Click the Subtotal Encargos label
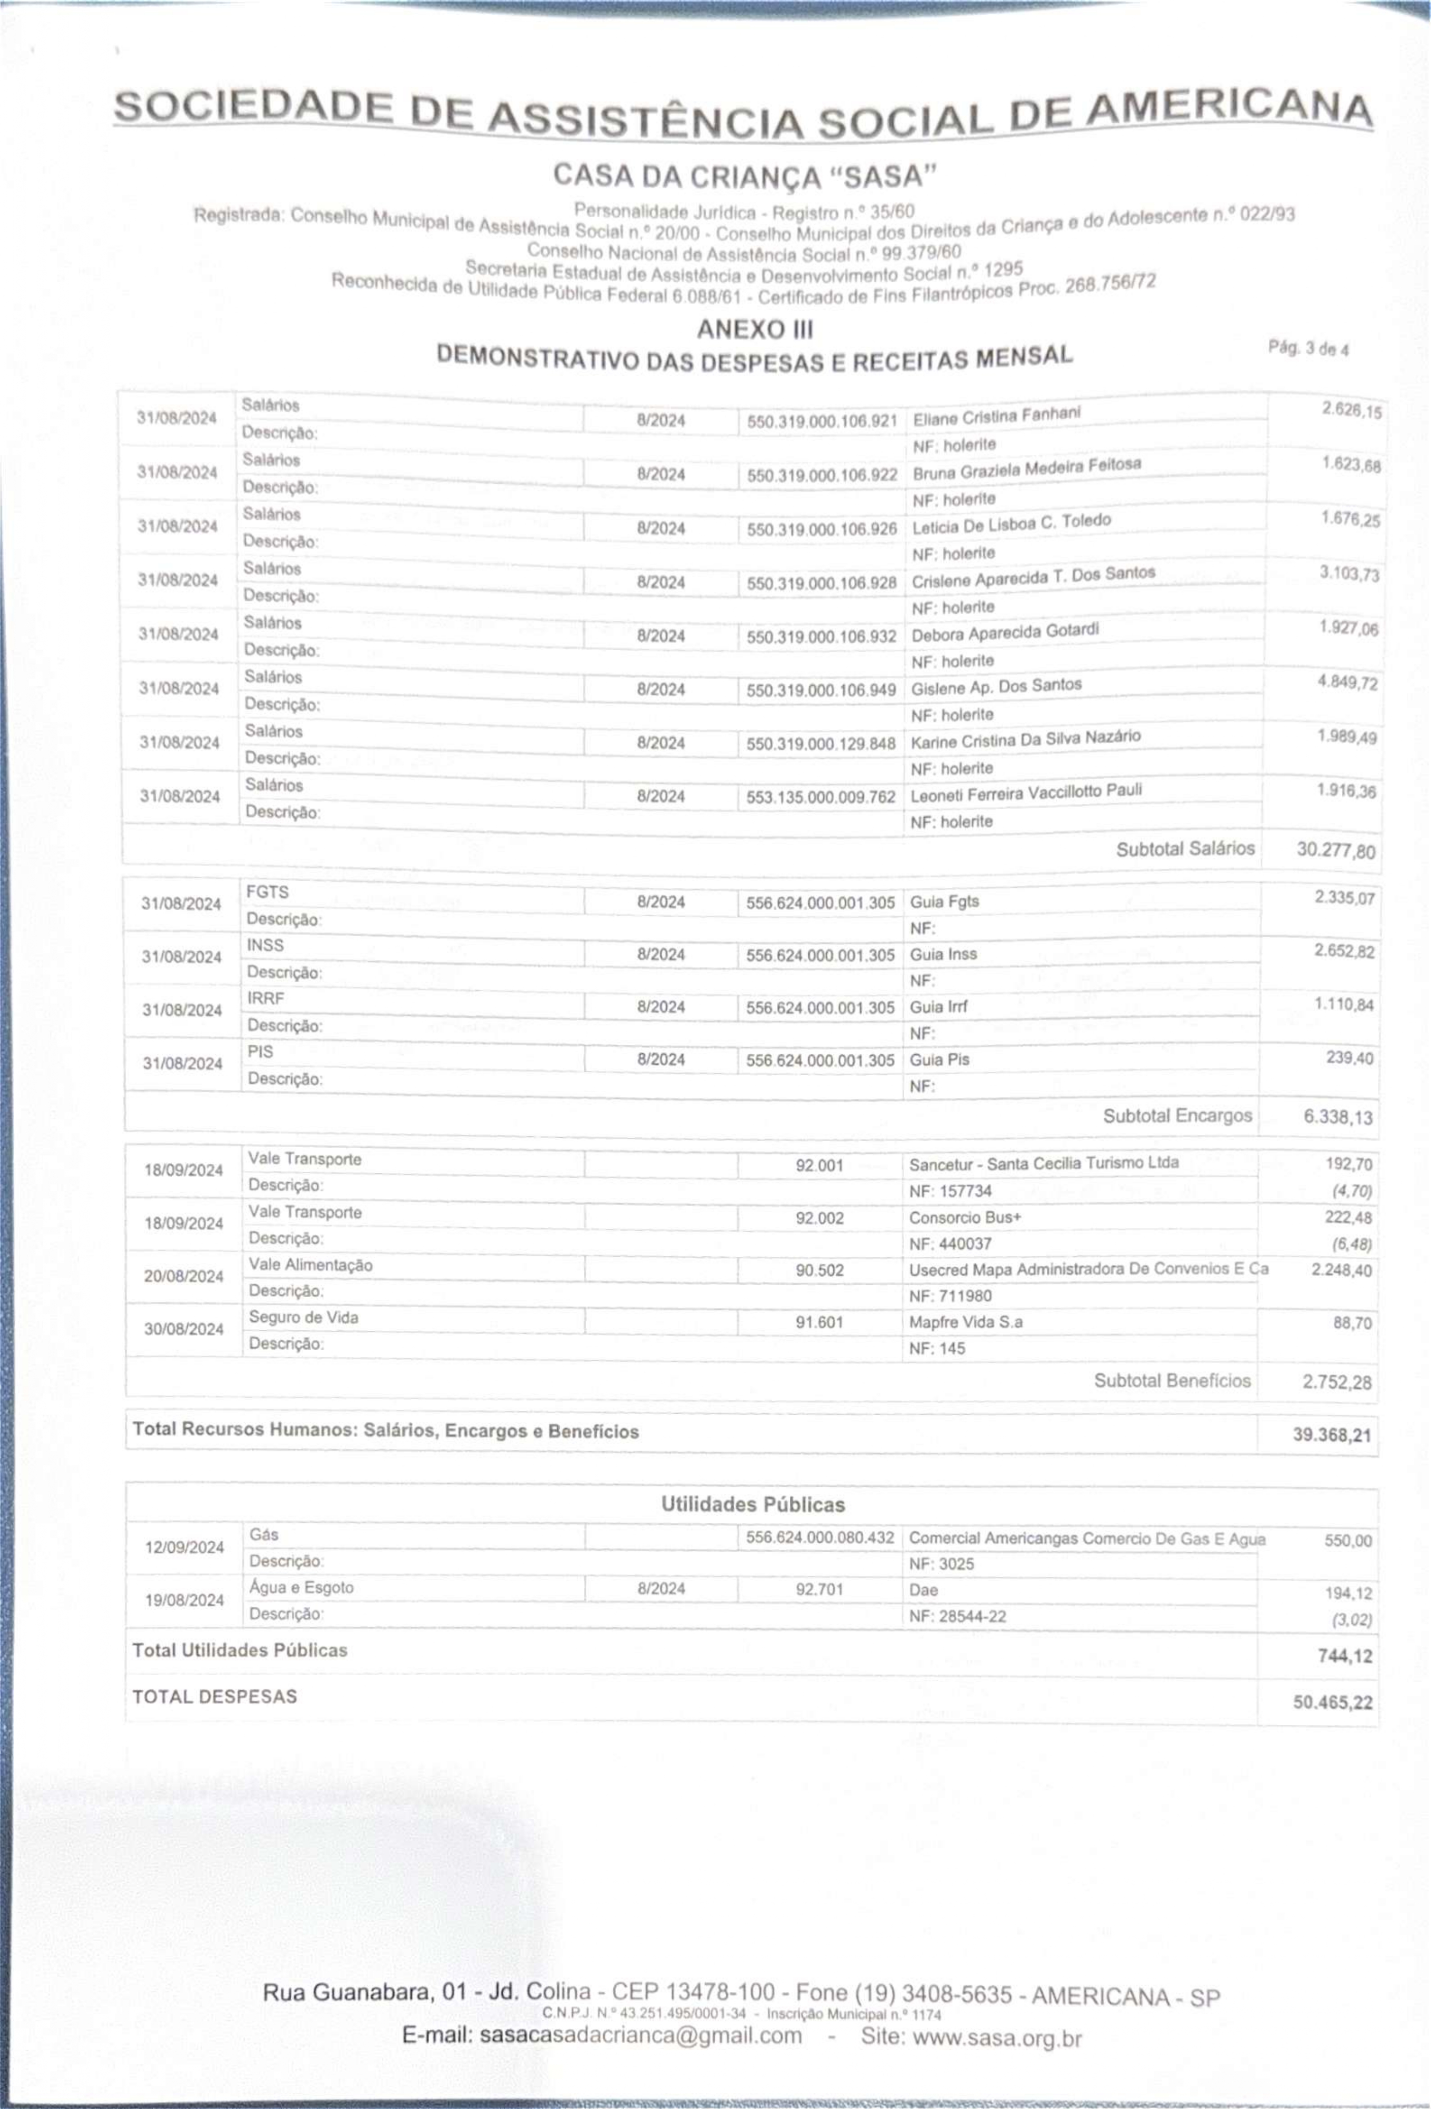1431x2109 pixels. tap(1177, 1115)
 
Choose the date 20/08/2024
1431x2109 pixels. tap(183, 1276)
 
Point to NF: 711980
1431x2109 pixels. tap(950, 1296)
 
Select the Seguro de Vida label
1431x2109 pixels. tap(303, 1318)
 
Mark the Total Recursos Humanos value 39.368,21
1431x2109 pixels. tap(1331, 1436)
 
